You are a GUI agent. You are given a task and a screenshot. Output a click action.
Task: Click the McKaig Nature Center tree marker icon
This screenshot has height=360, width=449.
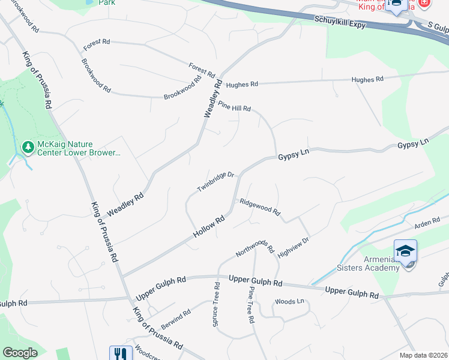click(x=28, y=147)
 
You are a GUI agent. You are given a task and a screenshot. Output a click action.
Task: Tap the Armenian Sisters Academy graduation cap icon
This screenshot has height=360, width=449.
click(x=405, y=251)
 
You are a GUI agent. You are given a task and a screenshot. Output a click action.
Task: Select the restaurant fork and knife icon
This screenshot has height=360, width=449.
click(x=121, y=354)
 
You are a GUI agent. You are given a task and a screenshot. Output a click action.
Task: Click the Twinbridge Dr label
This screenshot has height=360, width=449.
click(x=215, y=182)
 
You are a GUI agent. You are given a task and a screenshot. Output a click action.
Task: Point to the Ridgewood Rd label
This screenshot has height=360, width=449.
click(x=260, y=207)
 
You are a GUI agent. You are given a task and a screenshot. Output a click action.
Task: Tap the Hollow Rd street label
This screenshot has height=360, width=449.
click(x=209, y=226)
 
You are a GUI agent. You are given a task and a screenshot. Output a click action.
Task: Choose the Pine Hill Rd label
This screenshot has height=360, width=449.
click(x=234, y=106)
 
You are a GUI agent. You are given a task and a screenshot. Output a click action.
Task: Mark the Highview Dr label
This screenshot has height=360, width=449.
click(x=293, y=247)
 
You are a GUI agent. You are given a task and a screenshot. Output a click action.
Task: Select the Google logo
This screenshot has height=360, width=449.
click(x=20, y=353)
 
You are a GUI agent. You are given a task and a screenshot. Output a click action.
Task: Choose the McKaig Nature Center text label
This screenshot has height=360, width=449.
click(x=79, y=148)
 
